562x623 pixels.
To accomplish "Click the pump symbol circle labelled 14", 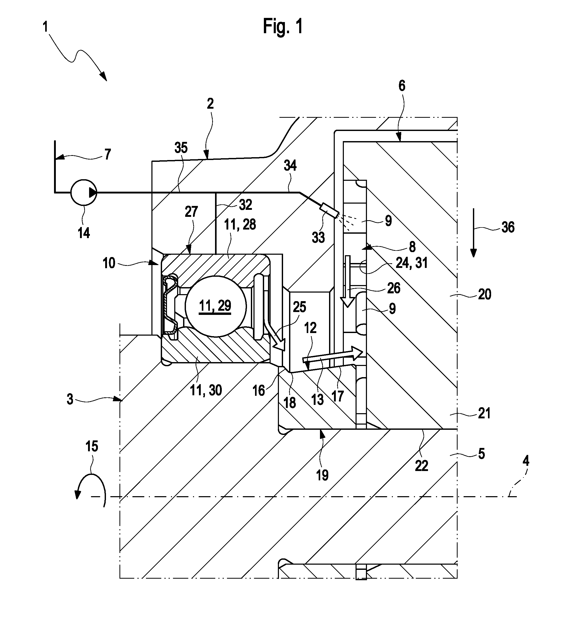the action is click(84, 192).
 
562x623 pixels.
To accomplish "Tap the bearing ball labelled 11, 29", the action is click(216, 306).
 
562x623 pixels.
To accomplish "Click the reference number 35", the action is click(181, 148).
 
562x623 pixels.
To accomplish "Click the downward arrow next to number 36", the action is click(473, 233).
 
